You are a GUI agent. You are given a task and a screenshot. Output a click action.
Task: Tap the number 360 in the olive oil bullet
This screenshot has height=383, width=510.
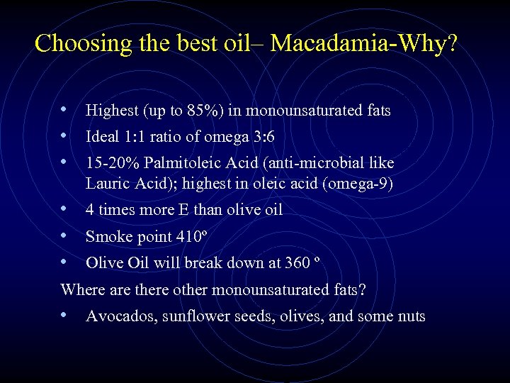tap(296, 262)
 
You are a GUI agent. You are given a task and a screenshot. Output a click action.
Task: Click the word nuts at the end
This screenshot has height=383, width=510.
tap(411, 316)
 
